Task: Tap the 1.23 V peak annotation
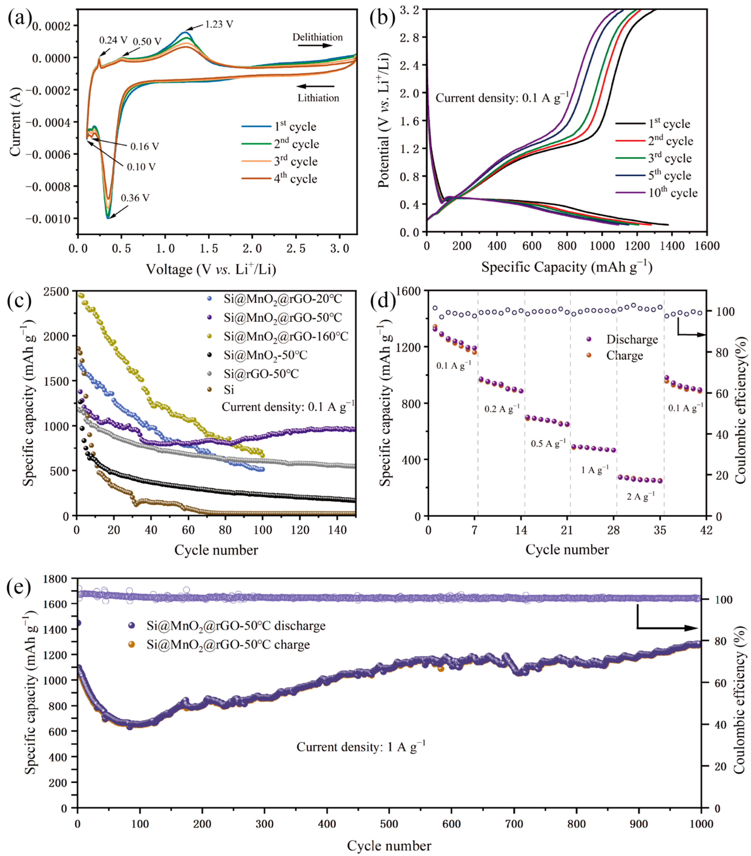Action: (219, 24)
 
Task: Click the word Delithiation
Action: (317, 37)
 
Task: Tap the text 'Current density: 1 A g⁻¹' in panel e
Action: (361, 747)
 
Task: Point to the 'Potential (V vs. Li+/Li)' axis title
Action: (383, 120)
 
